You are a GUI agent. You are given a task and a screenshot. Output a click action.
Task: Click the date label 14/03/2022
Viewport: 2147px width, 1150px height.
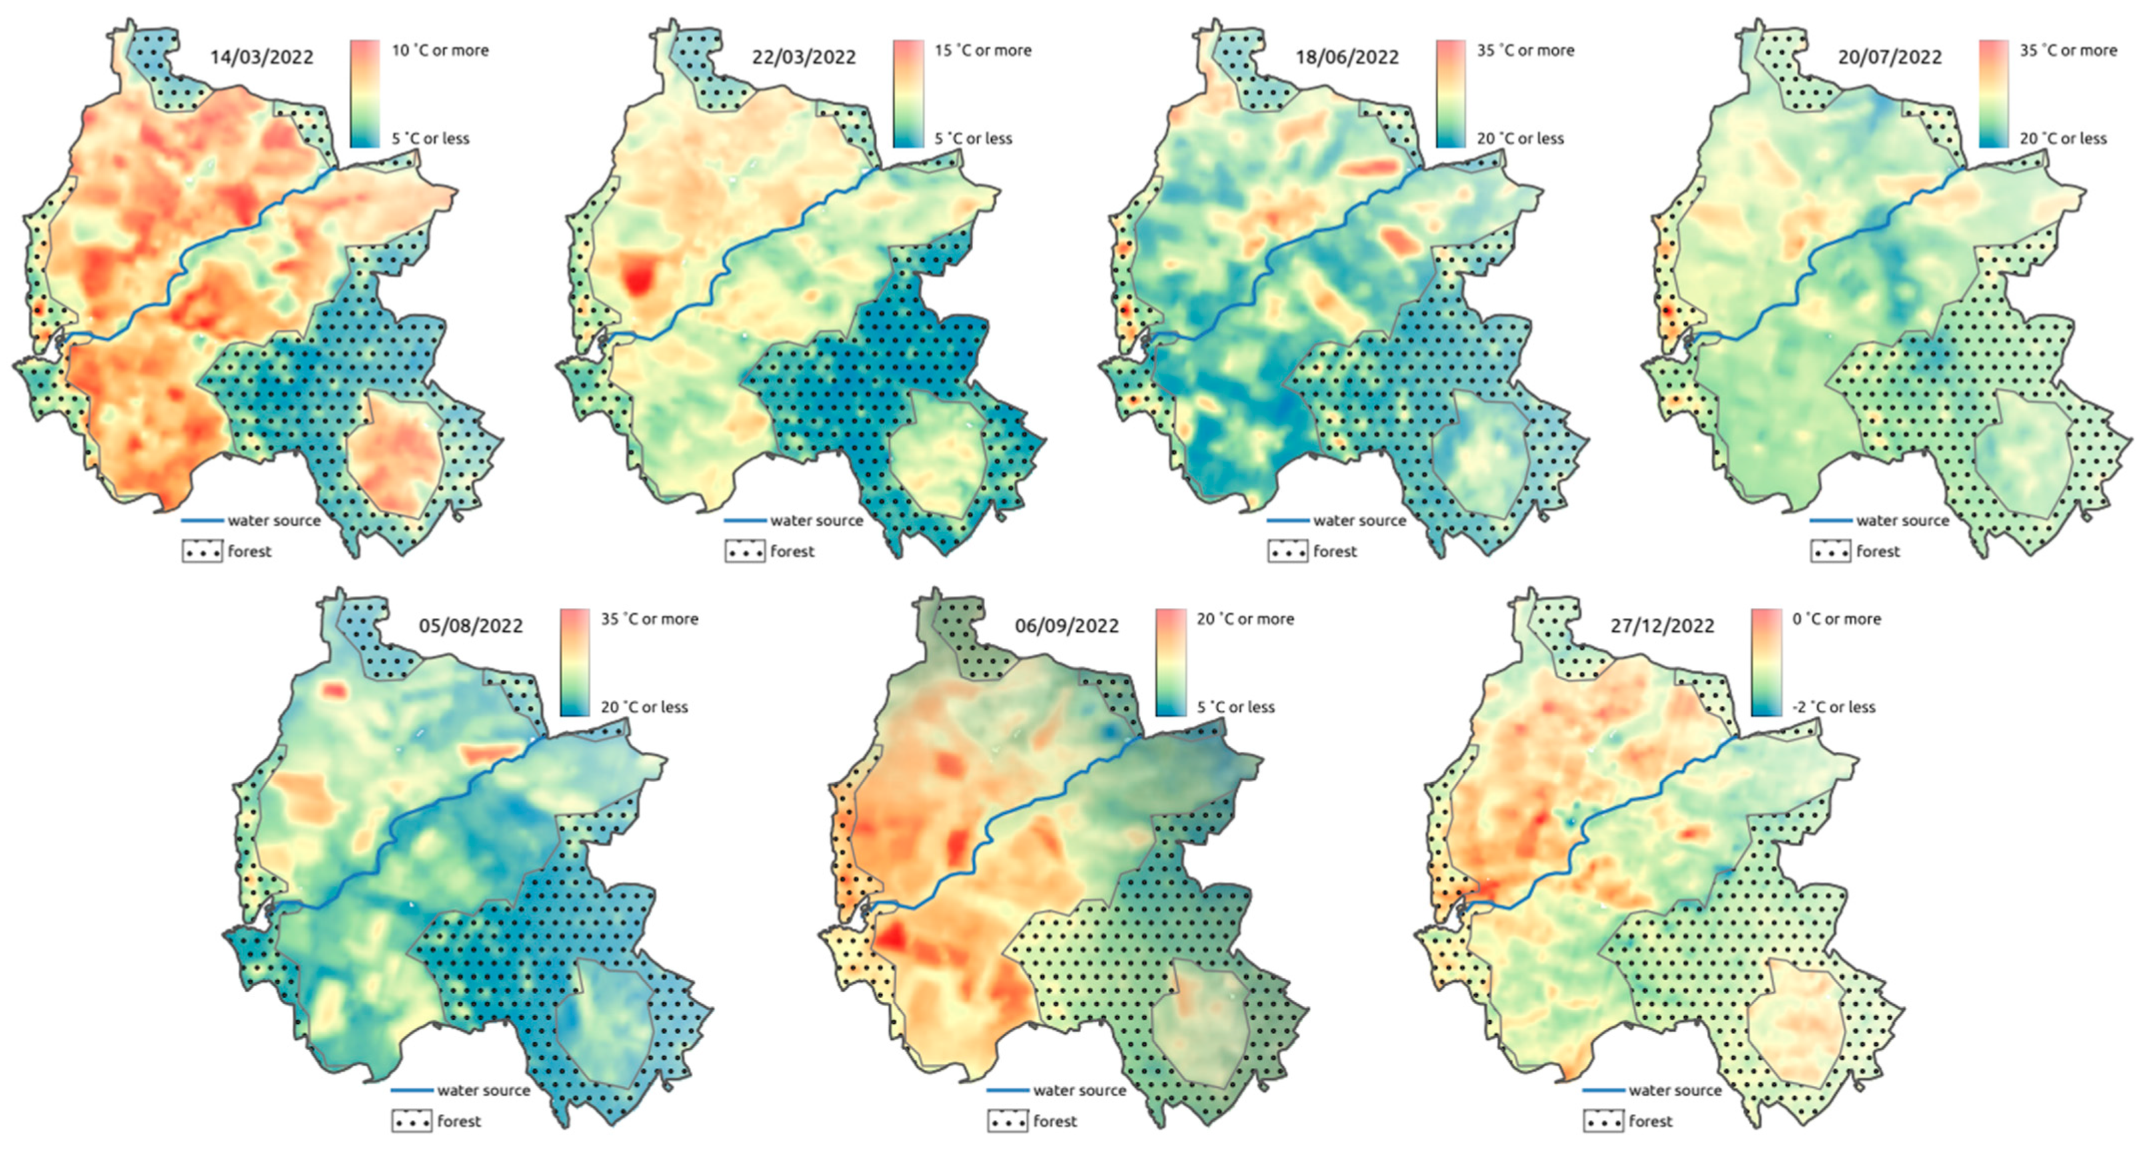click(261, 57)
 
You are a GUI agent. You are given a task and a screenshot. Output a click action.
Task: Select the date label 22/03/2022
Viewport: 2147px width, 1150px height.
click(804, 57)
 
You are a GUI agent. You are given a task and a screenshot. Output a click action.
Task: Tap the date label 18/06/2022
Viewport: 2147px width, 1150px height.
click(1347, 57)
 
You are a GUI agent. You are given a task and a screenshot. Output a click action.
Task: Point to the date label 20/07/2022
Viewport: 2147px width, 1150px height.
click(1890, 57)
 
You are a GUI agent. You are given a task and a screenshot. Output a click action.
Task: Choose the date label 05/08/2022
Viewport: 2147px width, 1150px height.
click(471, 626)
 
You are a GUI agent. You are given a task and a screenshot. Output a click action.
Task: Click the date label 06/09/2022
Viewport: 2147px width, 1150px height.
click(1067, 626)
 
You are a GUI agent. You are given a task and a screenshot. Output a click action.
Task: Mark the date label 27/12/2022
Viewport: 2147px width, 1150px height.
click(1662, 626)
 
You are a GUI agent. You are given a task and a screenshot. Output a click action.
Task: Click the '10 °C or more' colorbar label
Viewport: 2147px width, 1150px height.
click(440, 50)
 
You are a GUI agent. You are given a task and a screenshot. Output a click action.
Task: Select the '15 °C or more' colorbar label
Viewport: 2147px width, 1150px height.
click(982, 50)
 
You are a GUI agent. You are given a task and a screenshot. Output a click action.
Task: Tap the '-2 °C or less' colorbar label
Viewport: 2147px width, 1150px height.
click(1834, 707)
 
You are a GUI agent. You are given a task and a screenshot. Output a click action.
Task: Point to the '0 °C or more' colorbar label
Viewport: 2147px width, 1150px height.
click(1836, 619)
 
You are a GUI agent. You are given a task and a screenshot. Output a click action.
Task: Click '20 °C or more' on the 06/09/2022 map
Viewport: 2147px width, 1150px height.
click(1245, 619)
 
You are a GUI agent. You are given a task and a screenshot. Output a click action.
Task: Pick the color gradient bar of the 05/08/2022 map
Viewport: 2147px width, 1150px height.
click(574, 663)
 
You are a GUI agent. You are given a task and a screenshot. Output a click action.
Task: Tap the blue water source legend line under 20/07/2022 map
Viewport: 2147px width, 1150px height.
click(1830, 521)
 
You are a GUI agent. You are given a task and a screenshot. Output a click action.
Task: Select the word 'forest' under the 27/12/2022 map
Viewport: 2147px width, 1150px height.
click(1650, 1121)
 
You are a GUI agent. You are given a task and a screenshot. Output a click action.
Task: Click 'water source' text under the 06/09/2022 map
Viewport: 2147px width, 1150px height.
click(1079, 1090)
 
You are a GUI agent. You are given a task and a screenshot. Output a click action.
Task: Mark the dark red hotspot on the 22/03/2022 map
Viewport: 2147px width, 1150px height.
click(639, 277)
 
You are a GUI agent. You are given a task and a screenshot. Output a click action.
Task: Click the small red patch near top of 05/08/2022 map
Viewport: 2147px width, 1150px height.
click(334, 690)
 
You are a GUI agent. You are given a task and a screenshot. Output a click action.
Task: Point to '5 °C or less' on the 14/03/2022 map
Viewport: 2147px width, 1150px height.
click(430, 139)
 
